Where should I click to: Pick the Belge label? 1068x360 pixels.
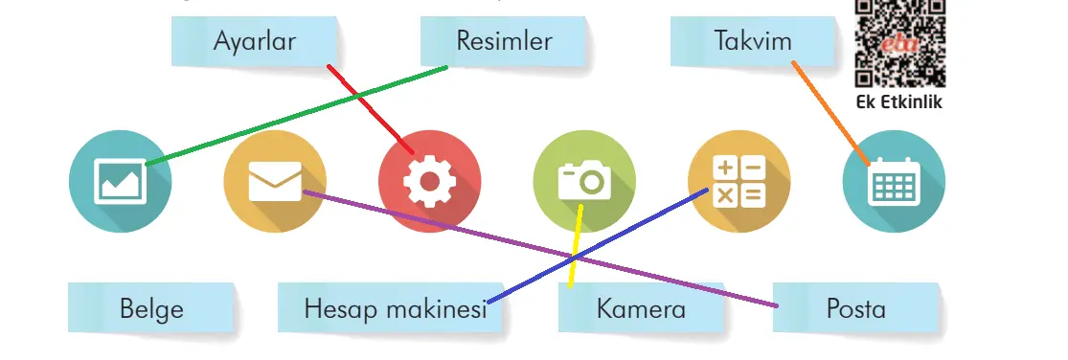(x=151, y=309)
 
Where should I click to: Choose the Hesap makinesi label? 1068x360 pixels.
(x=395, y=309)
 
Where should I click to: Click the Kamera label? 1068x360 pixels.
(x=641, y=309)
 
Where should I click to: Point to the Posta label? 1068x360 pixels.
(x=856, y=309)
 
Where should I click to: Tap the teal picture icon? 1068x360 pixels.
(x=121, y=182)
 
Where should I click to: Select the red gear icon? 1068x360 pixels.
(x=429, y=182)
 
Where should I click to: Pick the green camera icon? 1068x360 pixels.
(x=584, y=182)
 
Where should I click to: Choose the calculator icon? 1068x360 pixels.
(x=739, y=182)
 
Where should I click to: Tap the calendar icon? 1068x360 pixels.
(x=893, y=182)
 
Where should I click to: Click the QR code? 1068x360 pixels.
(x=899, y=42)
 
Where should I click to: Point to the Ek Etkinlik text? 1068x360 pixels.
(x=899, y=101)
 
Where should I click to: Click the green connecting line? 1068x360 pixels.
(x=297, y=116)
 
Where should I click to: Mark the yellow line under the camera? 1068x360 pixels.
(x=575, y=249)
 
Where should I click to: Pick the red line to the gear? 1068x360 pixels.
(x=370, y=109)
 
